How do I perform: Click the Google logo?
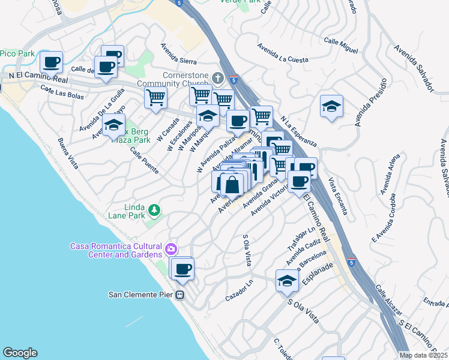[20, 353]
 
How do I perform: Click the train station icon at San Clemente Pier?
[179, 295]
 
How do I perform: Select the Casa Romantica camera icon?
[171, 248]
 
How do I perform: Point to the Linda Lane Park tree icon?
[155, 209]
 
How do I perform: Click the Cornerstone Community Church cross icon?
[218, 78]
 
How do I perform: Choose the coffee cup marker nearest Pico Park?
[52, 61]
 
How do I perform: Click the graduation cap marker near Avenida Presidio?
[331, 106]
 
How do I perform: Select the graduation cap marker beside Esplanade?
[287, 280]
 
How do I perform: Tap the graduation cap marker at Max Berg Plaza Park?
[113, 126]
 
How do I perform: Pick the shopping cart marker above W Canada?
[156, 97]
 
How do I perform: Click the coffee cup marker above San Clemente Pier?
[183, 268]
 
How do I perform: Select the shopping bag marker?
[233, 185]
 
